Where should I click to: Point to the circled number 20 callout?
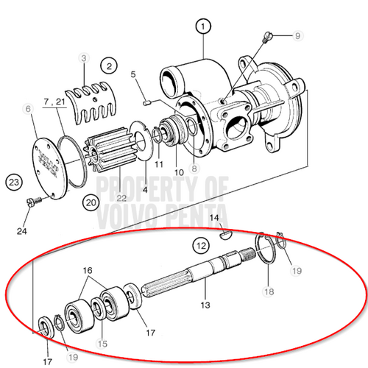pyautogui.click(x=91, y=202)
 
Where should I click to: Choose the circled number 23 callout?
pyautogui.click(x=14, y=180)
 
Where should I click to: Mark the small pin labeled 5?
pyautogui.click(x=146, y=102)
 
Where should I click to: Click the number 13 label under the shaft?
pyautogui.click(x=205, y=303)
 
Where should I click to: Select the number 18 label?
pyautogui.click(x=269, y=292)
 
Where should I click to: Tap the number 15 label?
pyautogui.click(x=102, y=323)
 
